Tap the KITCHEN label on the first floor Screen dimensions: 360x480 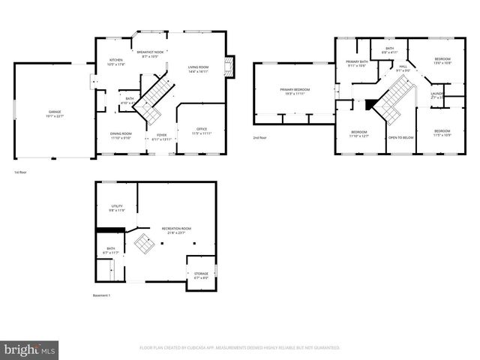[x=116, y=61]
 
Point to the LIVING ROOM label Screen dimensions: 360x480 [x=198, y=68]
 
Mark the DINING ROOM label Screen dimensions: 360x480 [x=121, y=135]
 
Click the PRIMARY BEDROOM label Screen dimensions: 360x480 [x=295, y=89]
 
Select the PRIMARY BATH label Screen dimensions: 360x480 [x=357, y=62]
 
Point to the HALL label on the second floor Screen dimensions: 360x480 [x=403, y=67]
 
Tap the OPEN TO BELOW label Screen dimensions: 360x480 [x=400, y=138]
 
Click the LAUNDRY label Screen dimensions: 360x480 [x=437, y=94]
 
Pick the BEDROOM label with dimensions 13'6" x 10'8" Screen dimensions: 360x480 [x=442, y=59]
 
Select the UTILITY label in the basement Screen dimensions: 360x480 [x=116, y=208]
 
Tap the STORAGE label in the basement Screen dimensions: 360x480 [x=201, y=274]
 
